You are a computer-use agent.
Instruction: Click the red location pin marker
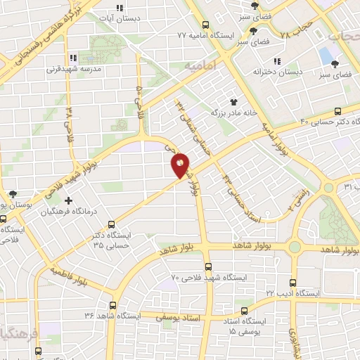click(x=180, y=165)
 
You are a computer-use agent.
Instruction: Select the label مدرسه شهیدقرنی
click(x=75, y=70)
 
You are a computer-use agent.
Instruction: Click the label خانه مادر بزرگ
click(x=233, y=112)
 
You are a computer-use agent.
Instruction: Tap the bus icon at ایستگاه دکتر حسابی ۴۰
click(x=338, y=110)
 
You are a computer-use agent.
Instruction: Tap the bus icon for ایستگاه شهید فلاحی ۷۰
click(x=207, y=266)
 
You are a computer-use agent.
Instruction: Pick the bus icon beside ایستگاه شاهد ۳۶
click(x=113, y=305)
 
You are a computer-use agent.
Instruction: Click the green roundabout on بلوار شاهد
click(x=294, y=246)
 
